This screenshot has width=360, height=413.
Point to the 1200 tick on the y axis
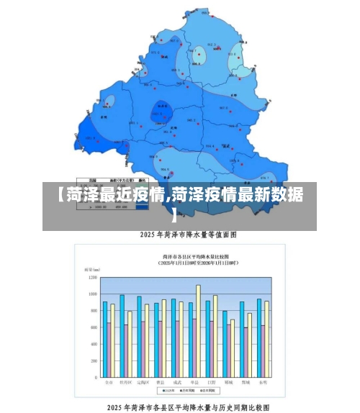point(92,277)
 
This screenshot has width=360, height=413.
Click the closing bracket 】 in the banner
point(175,214)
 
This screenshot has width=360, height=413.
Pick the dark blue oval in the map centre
point(161,112)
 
